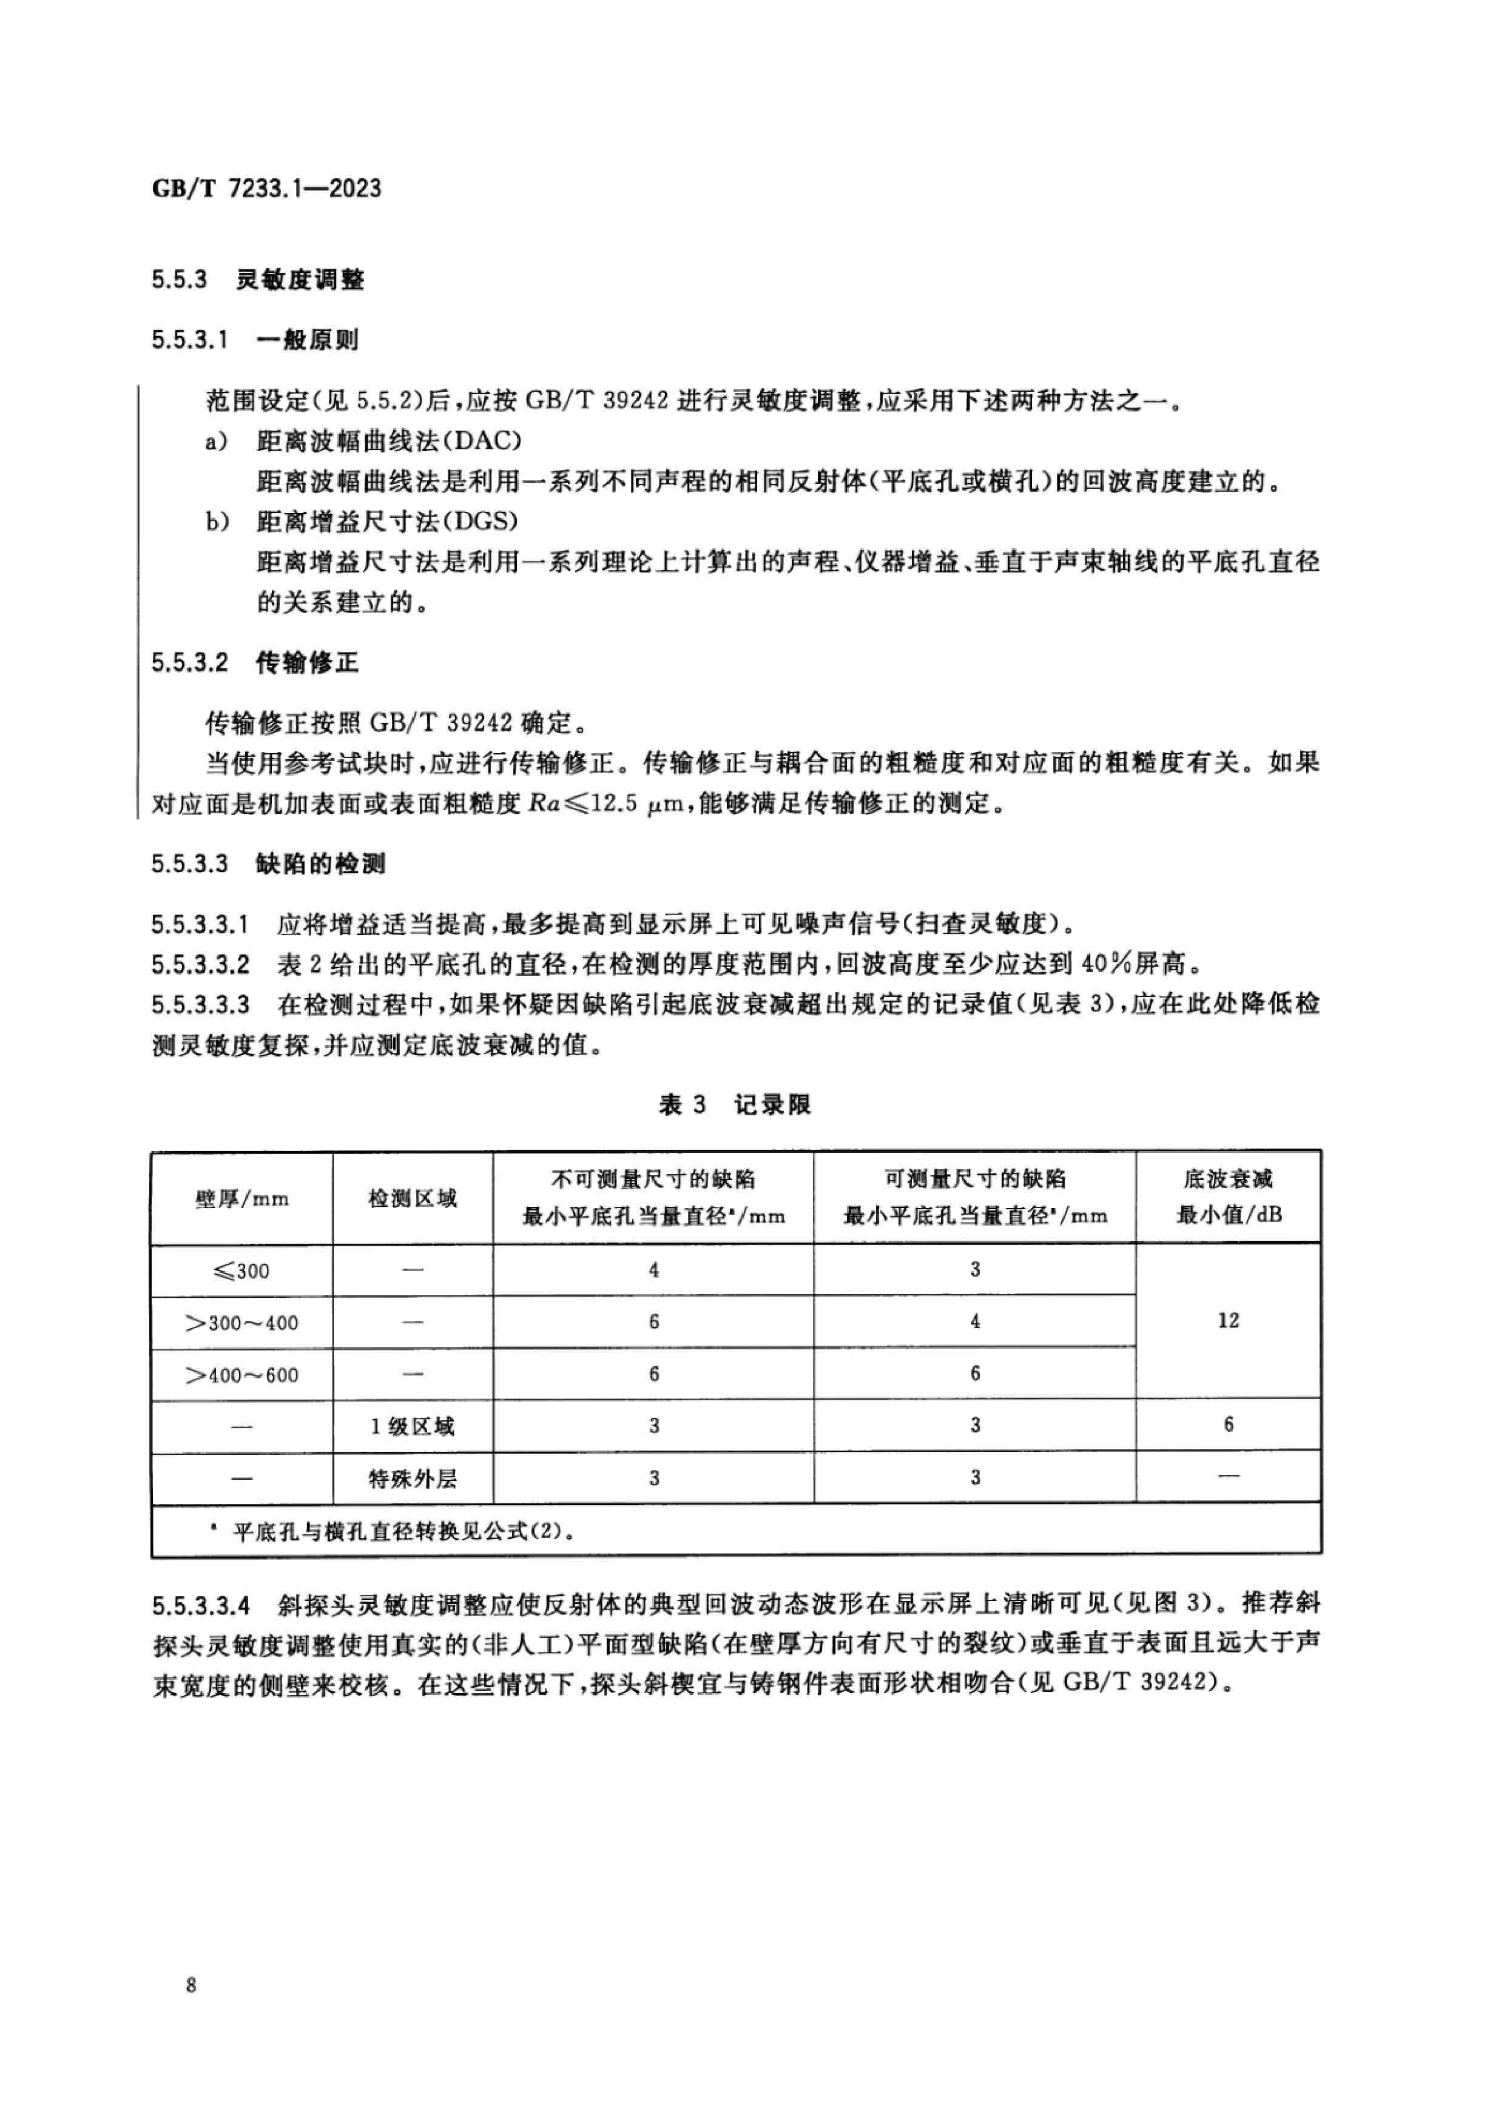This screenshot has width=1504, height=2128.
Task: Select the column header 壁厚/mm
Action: [x=241, y=1198]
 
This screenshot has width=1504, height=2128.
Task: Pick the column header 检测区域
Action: [x=413, y=1198]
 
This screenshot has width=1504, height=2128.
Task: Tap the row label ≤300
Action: [x=241, y=1270]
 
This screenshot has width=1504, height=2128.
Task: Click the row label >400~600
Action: [x=241, y=1374]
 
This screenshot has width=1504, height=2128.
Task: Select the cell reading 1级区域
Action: [x=413, y=1426]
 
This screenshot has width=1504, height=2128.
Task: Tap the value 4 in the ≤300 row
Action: [x=653, y=1270]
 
